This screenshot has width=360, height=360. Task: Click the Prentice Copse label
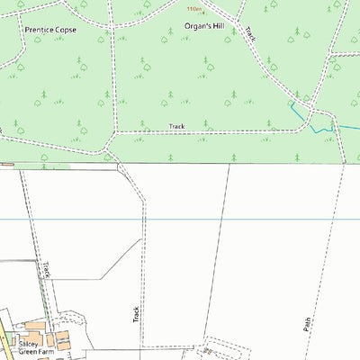[x=50, y=30]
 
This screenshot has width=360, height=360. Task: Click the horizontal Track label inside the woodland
[x=176, y=126]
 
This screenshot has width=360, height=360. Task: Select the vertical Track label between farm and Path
[x=136, y=313]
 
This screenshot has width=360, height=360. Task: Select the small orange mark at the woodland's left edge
[x=7, y=164]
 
